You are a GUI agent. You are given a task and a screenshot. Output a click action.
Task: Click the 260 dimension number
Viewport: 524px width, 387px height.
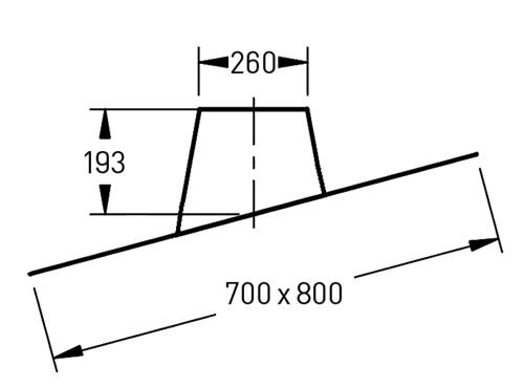pos(253,63)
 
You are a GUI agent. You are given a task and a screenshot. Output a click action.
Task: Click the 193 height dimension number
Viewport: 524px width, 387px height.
pos(104,163)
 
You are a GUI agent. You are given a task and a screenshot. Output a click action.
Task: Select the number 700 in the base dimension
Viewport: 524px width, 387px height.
pos(248,294)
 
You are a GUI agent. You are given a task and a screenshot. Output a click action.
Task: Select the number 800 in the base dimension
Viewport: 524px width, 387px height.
pos(319,294)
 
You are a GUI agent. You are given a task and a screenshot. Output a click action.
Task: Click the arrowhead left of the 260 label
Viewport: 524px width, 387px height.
pos(214,63)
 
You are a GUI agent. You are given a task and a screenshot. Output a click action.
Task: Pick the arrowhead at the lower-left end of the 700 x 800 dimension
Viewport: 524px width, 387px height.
pos(68,352)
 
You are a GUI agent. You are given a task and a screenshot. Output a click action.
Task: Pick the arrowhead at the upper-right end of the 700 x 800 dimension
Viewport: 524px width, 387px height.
pos(483,245)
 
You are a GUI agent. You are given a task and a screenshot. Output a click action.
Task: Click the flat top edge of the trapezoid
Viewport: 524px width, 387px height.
pos(253,109)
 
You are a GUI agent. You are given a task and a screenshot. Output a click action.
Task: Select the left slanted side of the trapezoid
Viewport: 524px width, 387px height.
pos(189,171)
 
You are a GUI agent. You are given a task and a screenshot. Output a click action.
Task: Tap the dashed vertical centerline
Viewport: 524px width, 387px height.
pos(254,161)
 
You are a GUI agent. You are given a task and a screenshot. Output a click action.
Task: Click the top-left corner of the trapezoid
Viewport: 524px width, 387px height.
pos(200,110)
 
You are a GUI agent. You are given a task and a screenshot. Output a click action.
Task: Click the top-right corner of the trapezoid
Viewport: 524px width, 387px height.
pos(307,110)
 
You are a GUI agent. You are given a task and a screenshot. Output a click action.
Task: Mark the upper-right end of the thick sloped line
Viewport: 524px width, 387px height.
pos(476,154)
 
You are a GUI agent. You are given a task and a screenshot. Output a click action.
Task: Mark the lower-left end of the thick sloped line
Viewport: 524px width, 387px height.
pos(30,274)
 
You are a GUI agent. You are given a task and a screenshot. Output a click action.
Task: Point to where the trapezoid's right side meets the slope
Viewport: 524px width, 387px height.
pos(325,194)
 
